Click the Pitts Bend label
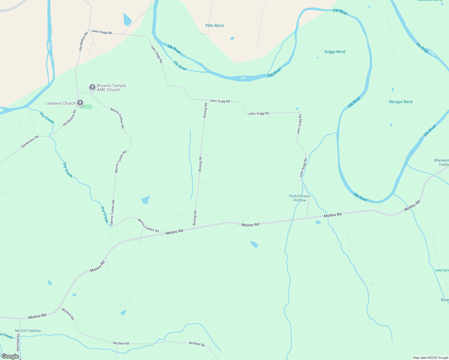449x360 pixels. [214, 25]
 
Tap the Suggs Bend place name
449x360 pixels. [335, 52]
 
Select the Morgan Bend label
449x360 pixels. [401, 102]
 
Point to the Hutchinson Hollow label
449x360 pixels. [300, 198]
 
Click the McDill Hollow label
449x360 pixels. [28, 331]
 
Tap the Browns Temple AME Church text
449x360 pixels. [111, 88]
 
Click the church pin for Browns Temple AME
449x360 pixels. [92, 87]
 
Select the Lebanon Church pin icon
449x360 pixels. [80, 103]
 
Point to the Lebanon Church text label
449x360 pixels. [60, 103]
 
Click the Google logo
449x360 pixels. [10, 356]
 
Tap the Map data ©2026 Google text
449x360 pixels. [430, 358]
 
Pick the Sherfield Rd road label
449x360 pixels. [18, 342]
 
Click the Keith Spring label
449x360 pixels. [442, 270]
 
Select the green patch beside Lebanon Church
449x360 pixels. [86, 106]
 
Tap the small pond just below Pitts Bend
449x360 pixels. [232, 38]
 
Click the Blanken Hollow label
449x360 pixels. [442, 162]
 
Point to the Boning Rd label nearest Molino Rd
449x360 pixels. [195, 218]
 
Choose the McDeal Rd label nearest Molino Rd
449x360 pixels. [68, 314]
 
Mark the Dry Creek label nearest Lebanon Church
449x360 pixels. [47, 118]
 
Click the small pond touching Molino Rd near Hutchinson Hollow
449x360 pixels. [318, 222]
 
